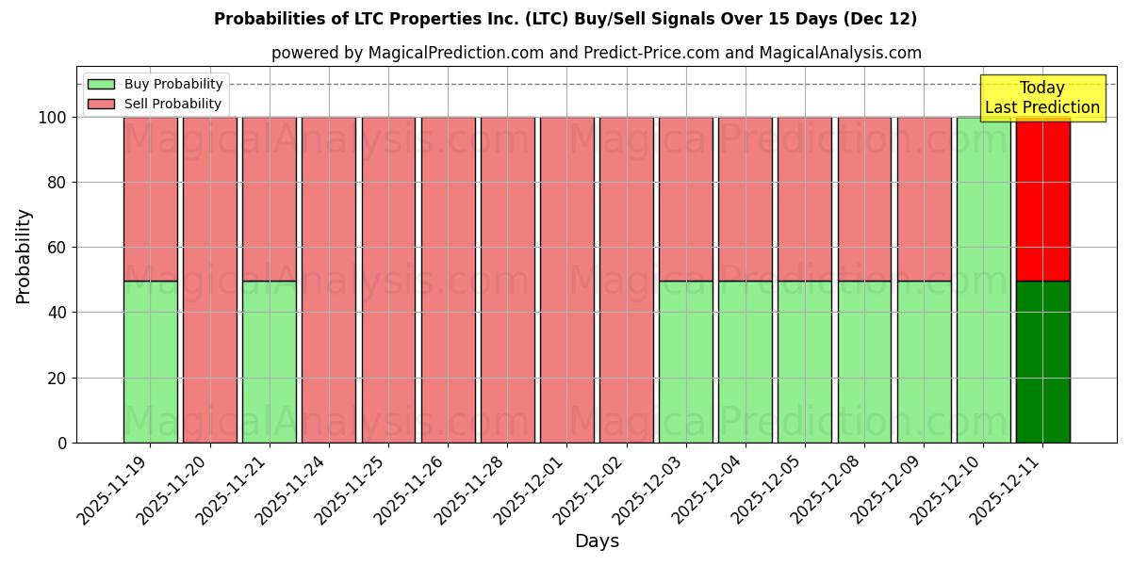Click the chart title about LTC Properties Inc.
coord(565,19)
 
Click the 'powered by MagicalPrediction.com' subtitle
coord(596,53)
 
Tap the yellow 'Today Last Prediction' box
coord(1041,98)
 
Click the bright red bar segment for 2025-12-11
coord(1042,199)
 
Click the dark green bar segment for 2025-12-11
coord(1042,362)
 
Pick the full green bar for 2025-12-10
coord(983,280)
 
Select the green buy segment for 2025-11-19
coord(150,362)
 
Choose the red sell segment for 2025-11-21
coord(270,199)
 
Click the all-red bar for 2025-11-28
coord(507,280)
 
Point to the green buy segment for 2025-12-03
coord(685,362)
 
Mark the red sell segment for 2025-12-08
coord(864,199)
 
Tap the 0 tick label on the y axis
coord(61,443)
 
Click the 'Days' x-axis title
coord(597,541)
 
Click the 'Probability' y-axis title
coord(24,256)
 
